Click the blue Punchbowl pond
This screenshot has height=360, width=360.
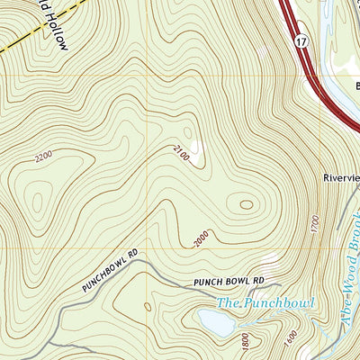tap(219, 323)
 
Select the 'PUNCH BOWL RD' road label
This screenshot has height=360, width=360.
tap(224, 282)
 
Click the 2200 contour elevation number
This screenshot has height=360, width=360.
tap(42, 157)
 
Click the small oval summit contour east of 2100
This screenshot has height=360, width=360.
tap(244, 204)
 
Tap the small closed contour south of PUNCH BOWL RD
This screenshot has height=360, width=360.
tap(144, 310)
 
